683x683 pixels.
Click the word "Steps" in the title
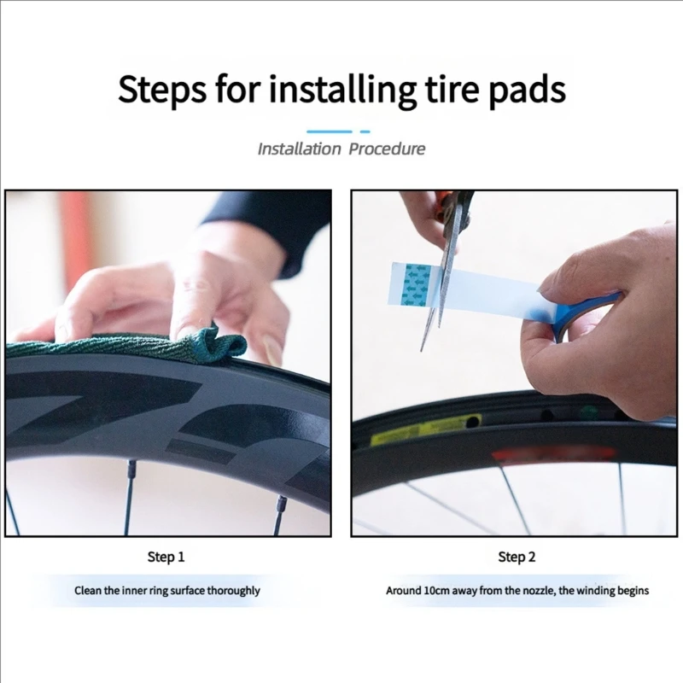(162, 89)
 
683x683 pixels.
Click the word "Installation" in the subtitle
(299, 149)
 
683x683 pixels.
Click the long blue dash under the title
(330, 131)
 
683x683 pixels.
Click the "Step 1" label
(166, 557)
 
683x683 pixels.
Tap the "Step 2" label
(517, 557)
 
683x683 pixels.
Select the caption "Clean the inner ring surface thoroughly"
(166, 590)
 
